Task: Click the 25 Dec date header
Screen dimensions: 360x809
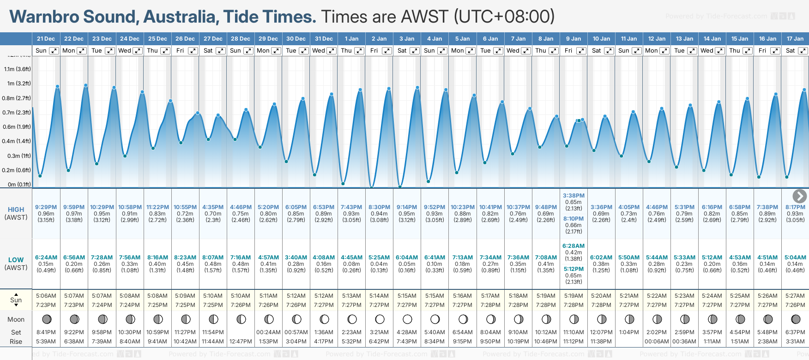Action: [x=157, y=39]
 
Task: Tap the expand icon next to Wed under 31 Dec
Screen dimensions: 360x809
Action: [x=332, y=51]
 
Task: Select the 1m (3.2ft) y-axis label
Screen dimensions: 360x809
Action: [x=17, y=84]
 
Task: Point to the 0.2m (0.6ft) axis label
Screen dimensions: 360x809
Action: [x=16, y=170]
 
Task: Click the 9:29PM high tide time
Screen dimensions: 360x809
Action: [x=46, y=207]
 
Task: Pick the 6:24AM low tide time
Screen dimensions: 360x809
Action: [x=46, y=258]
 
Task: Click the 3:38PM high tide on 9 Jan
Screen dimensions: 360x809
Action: [x=574, y=196]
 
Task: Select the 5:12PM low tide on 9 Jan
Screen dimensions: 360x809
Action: [x=574, y=269]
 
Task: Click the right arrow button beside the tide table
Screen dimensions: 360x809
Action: [x=799, y=196]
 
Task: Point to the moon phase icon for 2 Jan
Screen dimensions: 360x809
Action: [x=380, y=319]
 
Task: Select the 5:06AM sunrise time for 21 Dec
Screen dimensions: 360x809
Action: [x=46, y=296]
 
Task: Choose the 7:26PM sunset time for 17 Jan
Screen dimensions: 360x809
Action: [x=795, y=305]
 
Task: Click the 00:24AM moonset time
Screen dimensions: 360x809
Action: [x=268, y=332]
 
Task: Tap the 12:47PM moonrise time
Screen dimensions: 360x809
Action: [x=241, y=342]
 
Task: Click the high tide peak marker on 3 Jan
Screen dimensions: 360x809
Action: [x=417, y=87]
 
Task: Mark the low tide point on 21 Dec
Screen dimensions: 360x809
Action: [x=40, y=176]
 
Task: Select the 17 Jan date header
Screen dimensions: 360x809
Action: [x=795, y=39]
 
